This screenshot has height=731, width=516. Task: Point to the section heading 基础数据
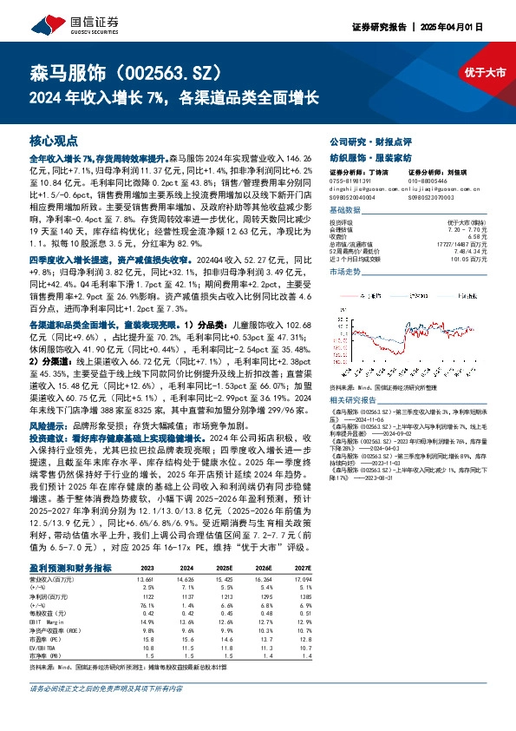(x=345, y=210)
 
